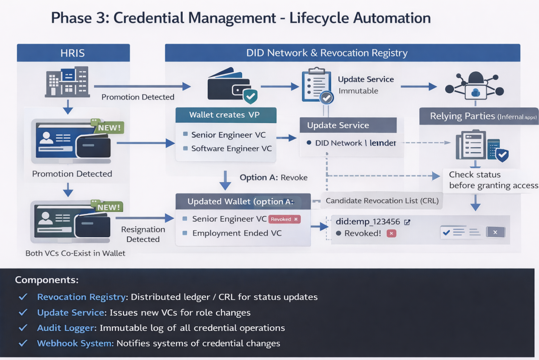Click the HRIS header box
[73, 53]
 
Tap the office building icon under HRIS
[67, 82]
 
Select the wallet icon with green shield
[232, 86]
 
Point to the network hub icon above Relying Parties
[475, 86]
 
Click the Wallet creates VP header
[226, 115]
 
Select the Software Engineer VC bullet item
[231, 149]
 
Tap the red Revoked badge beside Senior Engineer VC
[284, 219]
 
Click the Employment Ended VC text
[237, 233]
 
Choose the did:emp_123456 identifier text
[368, 222]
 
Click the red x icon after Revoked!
[391, 233]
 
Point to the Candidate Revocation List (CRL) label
[382, 201]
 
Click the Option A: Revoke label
[273, 178]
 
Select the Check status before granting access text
[493, 180]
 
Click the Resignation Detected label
[143, 234]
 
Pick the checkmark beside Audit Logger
[23, 328]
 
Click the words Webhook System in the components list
[75, 343]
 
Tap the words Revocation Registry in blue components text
[82, 297]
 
